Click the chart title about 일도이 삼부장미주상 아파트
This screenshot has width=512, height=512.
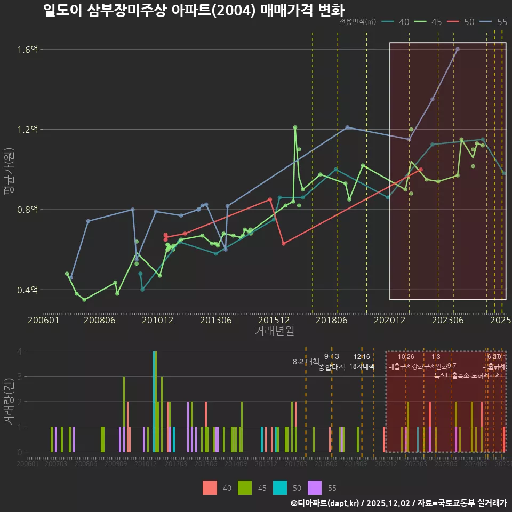click(x=194, y=10)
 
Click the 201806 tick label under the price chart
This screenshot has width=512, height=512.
click(x=332, y=320)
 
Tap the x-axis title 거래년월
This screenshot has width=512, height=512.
click(x=274, y=331)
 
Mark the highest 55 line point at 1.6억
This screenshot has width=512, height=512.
click(x=458, y=49)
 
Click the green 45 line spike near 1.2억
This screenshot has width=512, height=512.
click(x=295, y=127)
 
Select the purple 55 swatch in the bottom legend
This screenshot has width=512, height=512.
click(x=315, y=487)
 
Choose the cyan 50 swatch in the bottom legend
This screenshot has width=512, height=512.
click(x=280, y=487)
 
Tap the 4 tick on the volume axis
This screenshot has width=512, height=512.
click(x=20, y=351)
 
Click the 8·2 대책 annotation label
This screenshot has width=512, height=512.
click(x=306, y=362)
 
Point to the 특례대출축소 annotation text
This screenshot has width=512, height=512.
click(x=452, y=375)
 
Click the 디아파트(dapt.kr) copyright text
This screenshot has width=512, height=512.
click(x=326, y=503)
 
